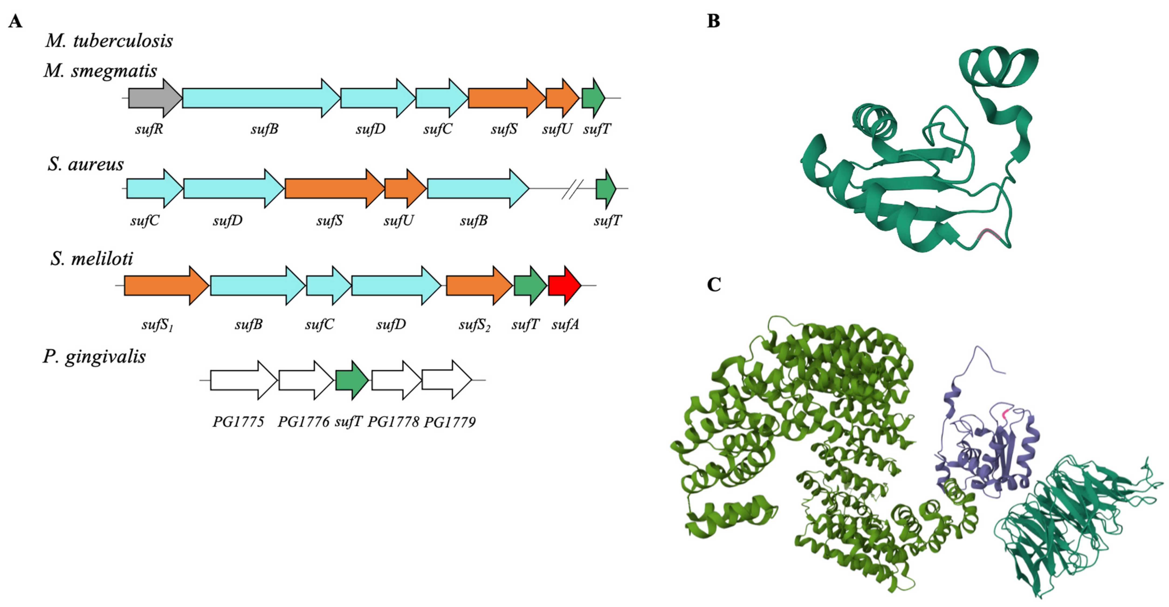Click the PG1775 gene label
coord(238,422)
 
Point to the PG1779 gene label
coord(450,422)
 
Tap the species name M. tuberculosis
coord(109,41)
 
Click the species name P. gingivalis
coord(94,357)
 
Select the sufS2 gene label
coord(474,325)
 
